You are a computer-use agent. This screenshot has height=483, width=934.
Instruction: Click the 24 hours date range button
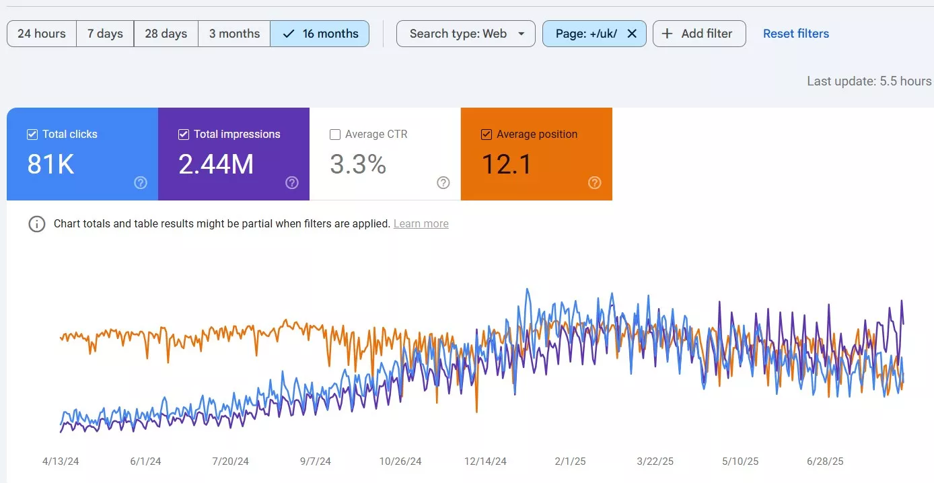[42, 34]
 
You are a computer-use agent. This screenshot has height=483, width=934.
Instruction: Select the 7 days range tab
[105, 34]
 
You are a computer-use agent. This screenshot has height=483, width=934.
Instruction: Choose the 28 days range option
[166, 34]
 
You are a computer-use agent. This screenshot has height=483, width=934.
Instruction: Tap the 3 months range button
[234, 34]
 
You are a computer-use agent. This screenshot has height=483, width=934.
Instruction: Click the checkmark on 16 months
[289, 34]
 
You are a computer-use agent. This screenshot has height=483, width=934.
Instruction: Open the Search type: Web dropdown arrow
[522, 34]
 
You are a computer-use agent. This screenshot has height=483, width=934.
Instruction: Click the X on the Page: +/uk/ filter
[632, 34]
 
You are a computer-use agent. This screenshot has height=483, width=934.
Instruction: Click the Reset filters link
[796, 34]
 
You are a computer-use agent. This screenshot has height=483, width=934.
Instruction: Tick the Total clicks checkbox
[32, 134]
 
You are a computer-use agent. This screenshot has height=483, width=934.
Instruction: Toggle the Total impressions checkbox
[184, 134]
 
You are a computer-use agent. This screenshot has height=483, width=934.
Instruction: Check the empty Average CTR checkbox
[335, 134]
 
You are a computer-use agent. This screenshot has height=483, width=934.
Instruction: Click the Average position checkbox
[487, 134]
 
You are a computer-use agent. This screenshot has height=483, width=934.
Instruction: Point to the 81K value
[51, 164]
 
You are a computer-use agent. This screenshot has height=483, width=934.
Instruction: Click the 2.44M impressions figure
[216, 164]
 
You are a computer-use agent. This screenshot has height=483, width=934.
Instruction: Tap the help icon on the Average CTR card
[443, 182]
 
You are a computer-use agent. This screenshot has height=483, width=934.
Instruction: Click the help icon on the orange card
[595, 182]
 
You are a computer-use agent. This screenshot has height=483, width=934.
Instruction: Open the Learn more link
[421, 224]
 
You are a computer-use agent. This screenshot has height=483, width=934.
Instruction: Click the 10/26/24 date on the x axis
[400, 461]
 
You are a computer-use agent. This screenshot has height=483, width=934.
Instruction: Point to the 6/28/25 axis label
[825, 461]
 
